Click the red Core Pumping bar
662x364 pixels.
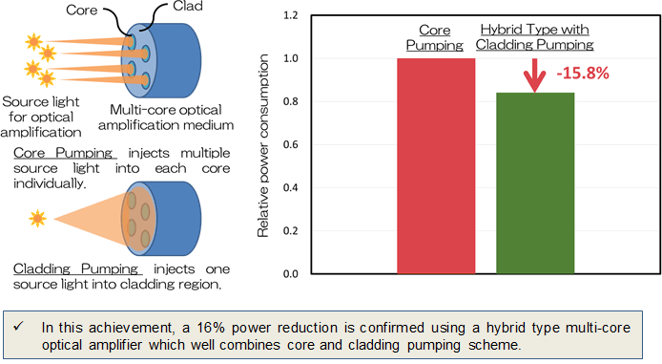(435, 166)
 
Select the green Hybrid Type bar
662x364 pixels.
(534, 183)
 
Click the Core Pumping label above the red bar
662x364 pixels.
(435, 37)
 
